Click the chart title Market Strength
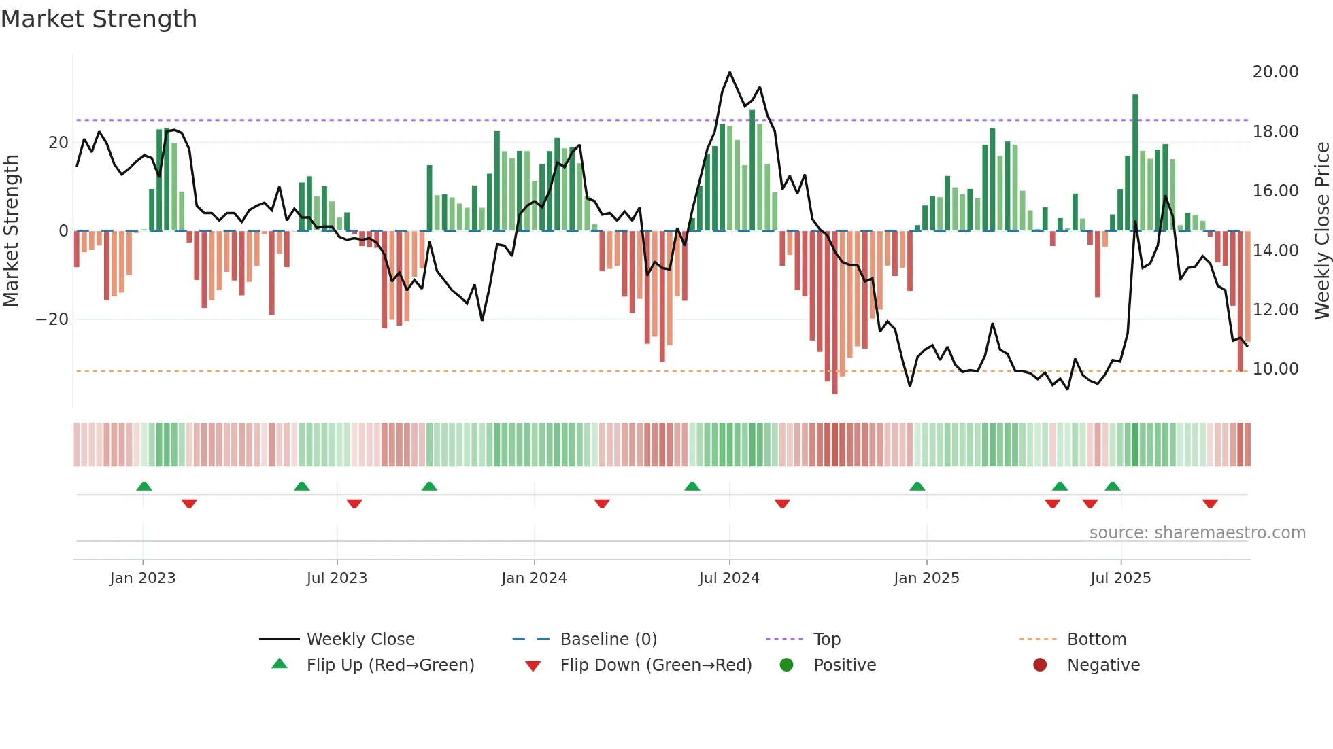pyautogui.click(x=99, y=19)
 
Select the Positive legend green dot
pyautogui.click(x=787, y=665)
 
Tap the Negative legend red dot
pyautogui.click(x=1040, y=665)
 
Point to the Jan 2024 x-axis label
pyautogui.click(x=534, y=578)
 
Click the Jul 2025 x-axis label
pyautogui.click(x=1120, y=578)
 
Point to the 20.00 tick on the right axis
pyautogui.click(x=1275, y=72)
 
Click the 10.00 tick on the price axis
pyautogui.click(x=1275, y=369)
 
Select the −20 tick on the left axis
pyautogui.click(x=52, y=319)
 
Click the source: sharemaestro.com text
pyautogui.click(x=1197, y=533)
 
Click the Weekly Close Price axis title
pyautogui.click(x=1321, y=231)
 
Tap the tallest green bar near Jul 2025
pyautogui.click(x=1135, y=163)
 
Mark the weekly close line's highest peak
pyautogui.click(x=730, y=73)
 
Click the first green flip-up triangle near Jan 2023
pyautogui.click(x=144, y=486)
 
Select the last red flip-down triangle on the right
pyautogui.click(x=1210, y=504)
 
